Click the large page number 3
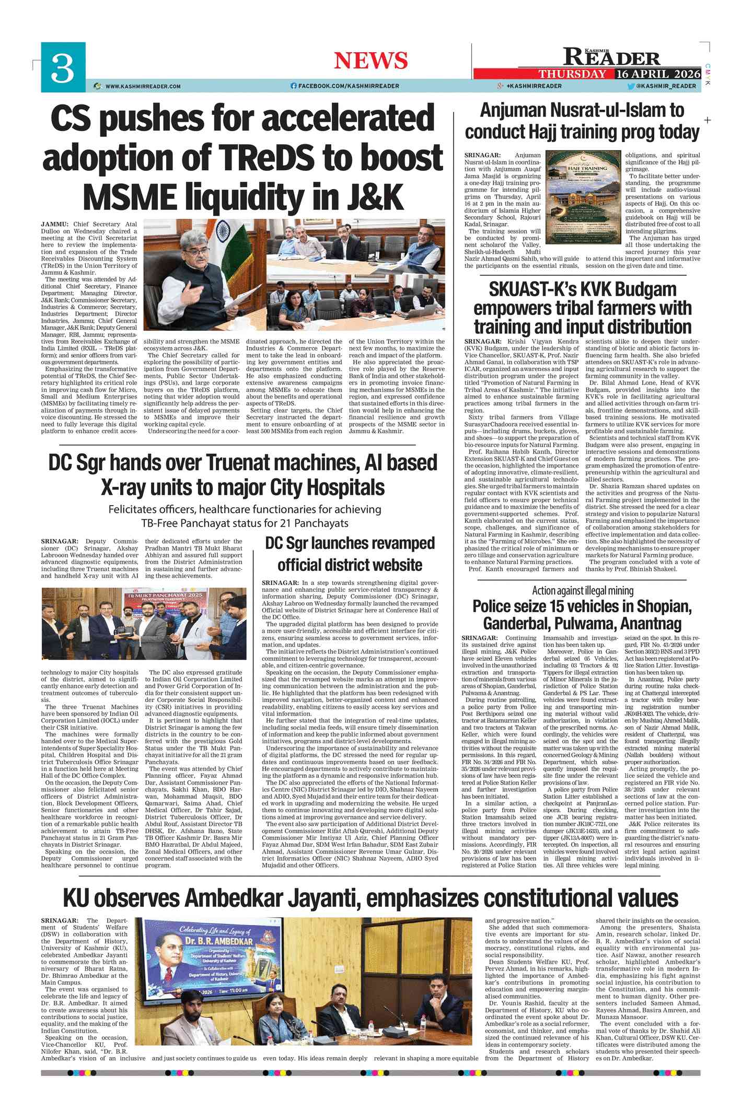click(x=63, y=69)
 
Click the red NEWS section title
click(x=371, y=61)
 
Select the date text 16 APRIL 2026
click(x=657, y=74)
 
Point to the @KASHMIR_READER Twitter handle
click(x=666, y=86)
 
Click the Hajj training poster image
click(x=583, y=199)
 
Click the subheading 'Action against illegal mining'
click(x=582, y=591)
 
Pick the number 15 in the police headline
click(x=561, y=606)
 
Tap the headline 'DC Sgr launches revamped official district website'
click(x=350, y=554)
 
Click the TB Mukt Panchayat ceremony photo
click(x=144, y=623)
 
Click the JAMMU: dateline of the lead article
click(x=54, y=224)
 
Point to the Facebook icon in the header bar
click(x=293, y=86)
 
